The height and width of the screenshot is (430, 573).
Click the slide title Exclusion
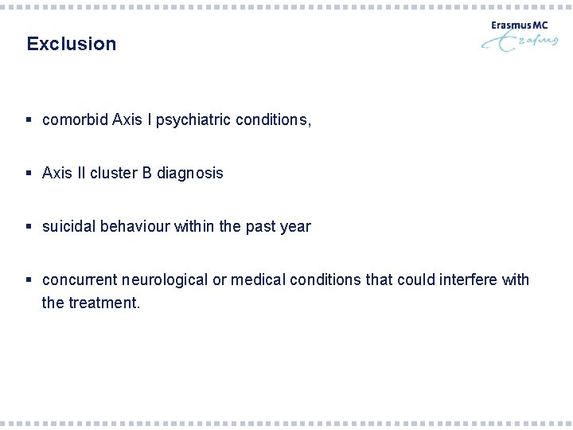(71, 44)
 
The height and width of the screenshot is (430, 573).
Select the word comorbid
(75, 120)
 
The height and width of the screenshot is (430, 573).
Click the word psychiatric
(191, 120)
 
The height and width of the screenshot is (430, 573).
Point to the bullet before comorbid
(29, 120)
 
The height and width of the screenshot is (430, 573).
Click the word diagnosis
(190, 173)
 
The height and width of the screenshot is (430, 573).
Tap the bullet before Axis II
(29, 173)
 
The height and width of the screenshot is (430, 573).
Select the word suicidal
(68, 226)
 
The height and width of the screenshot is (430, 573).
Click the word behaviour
(134, 226)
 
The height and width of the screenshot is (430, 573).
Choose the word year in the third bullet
(295, 226)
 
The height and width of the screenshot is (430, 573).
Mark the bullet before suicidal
(29, 226)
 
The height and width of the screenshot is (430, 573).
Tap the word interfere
(462, 279)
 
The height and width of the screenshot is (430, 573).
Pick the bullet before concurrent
(29, 279)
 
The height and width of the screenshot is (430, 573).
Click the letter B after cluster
(147, 173)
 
